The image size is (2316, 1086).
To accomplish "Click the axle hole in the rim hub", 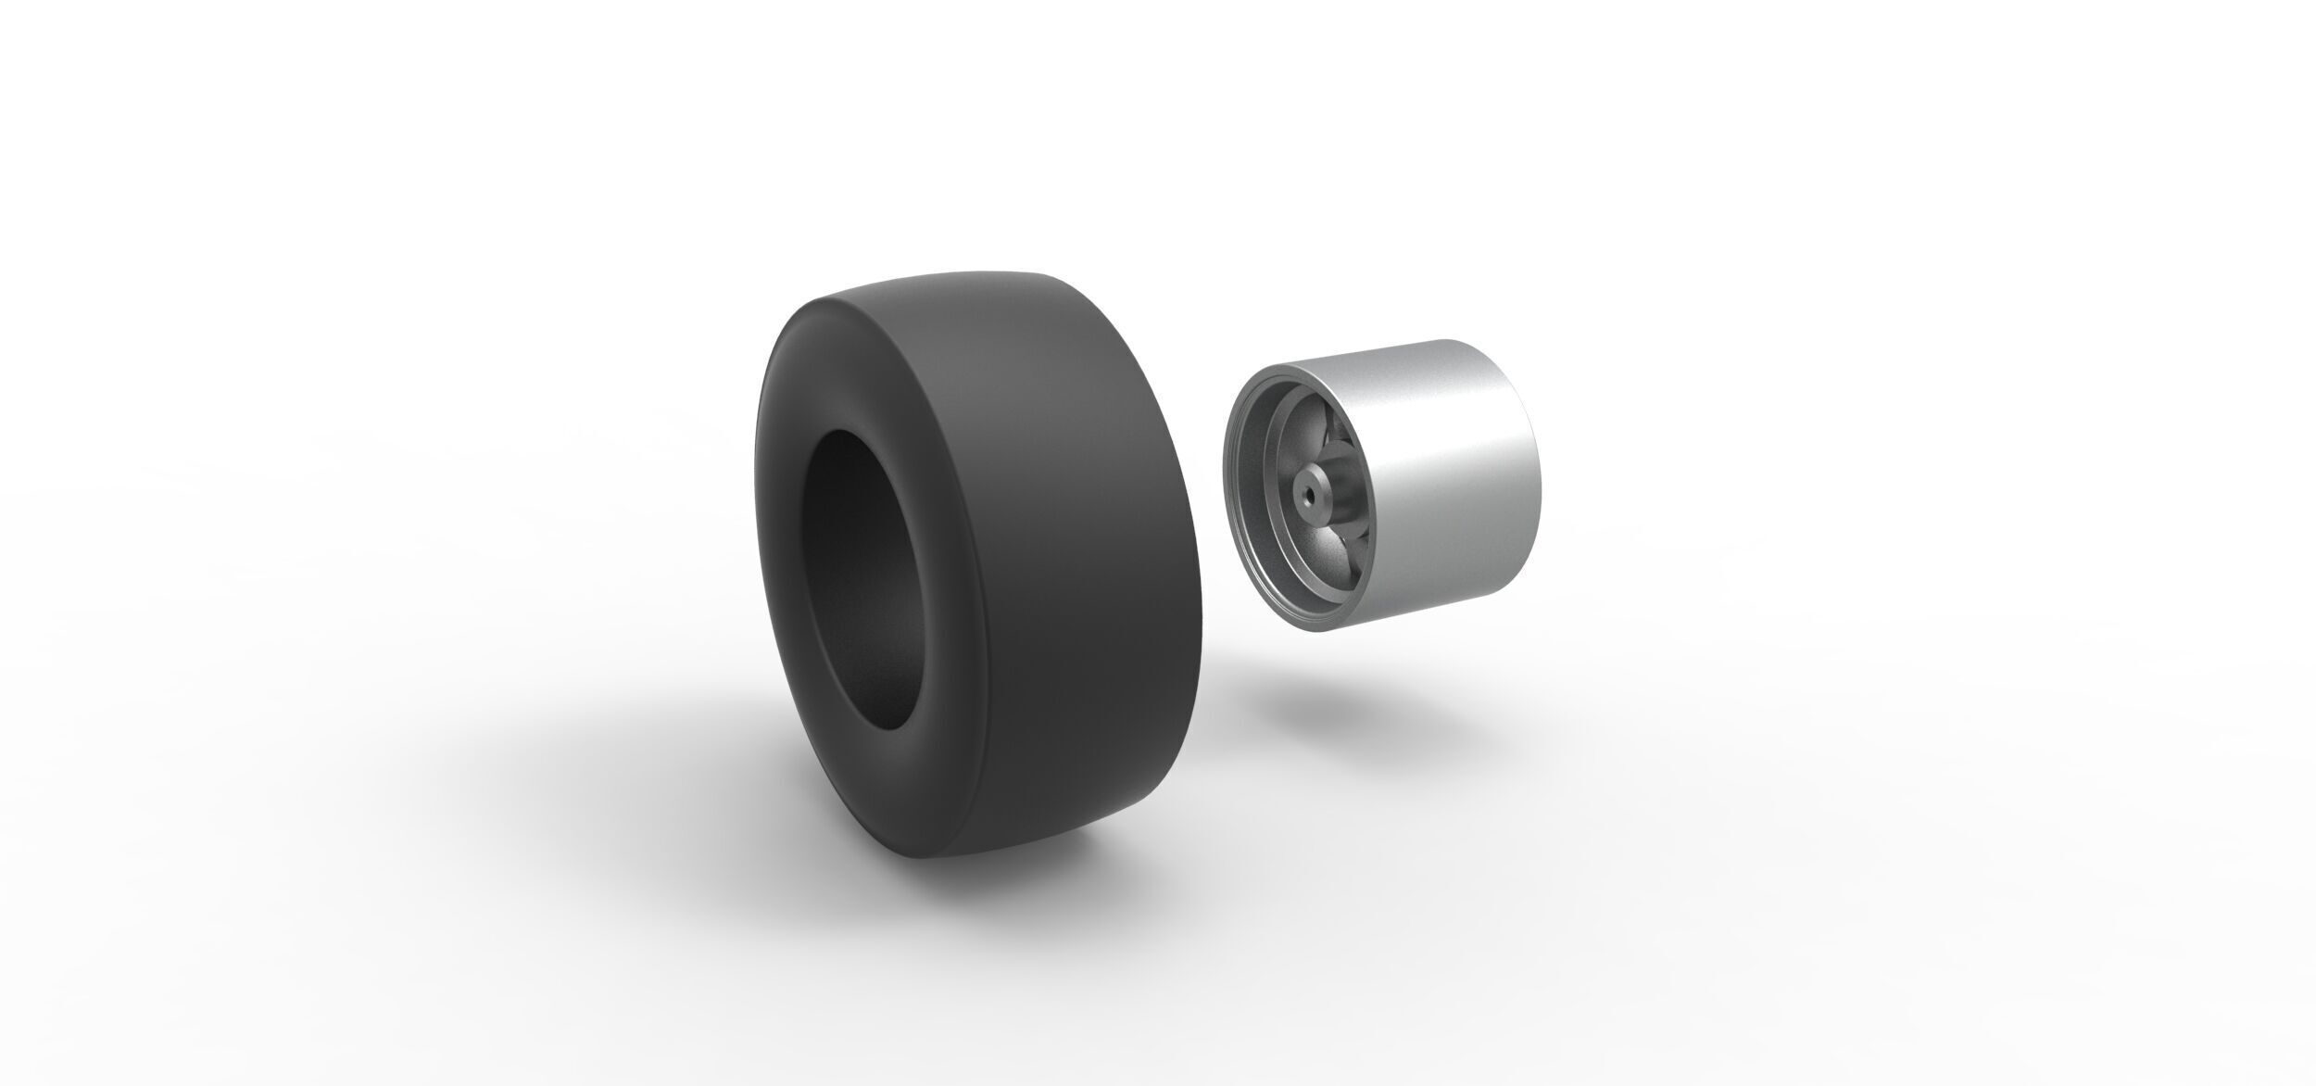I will click(x=1309, y=496).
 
